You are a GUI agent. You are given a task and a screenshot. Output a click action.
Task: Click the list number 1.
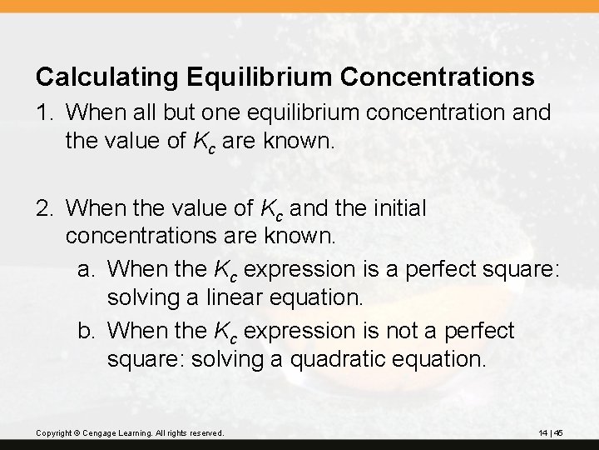coord(42,112)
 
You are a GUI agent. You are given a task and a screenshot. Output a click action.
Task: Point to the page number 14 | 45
coord(552,432)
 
